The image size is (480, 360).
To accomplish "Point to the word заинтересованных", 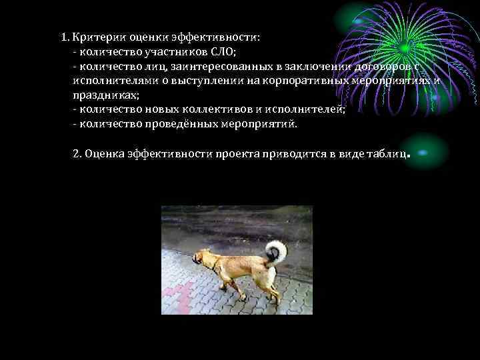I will coord(218,66).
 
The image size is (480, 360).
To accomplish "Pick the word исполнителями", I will coord(111,81).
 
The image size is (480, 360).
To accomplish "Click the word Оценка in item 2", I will coord(103,154).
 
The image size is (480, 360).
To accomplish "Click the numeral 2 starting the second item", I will coord(75,154).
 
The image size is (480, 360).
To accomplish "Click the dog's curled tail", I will coord(275,251).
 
